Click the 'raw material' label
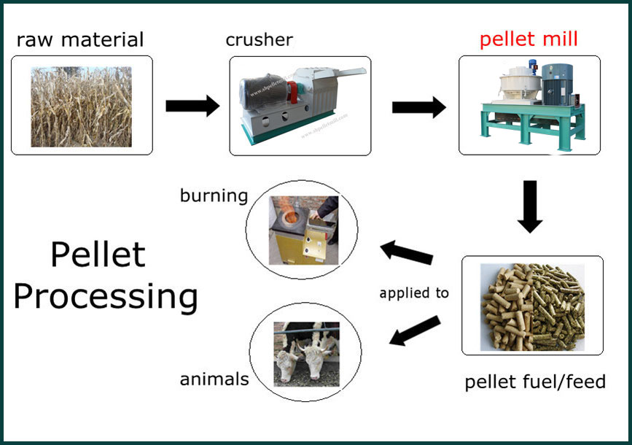click(80, 39)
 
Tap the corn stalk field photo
click(82, 106)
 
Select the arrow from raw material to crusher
click(192, 106)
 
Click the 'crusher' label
click(260, 39)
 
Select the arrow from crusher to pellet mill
click(419, 107)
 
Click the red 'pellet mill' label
click(528, 39)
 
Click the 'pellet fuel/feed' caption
click(535, 382)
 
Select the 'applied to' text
click(414, 293)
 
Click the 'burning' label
click(214, 196)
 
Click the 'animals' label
click(214, 379)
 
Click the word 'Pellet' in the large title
click(98, 255)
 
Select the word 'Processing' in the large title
click(106, 298)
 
